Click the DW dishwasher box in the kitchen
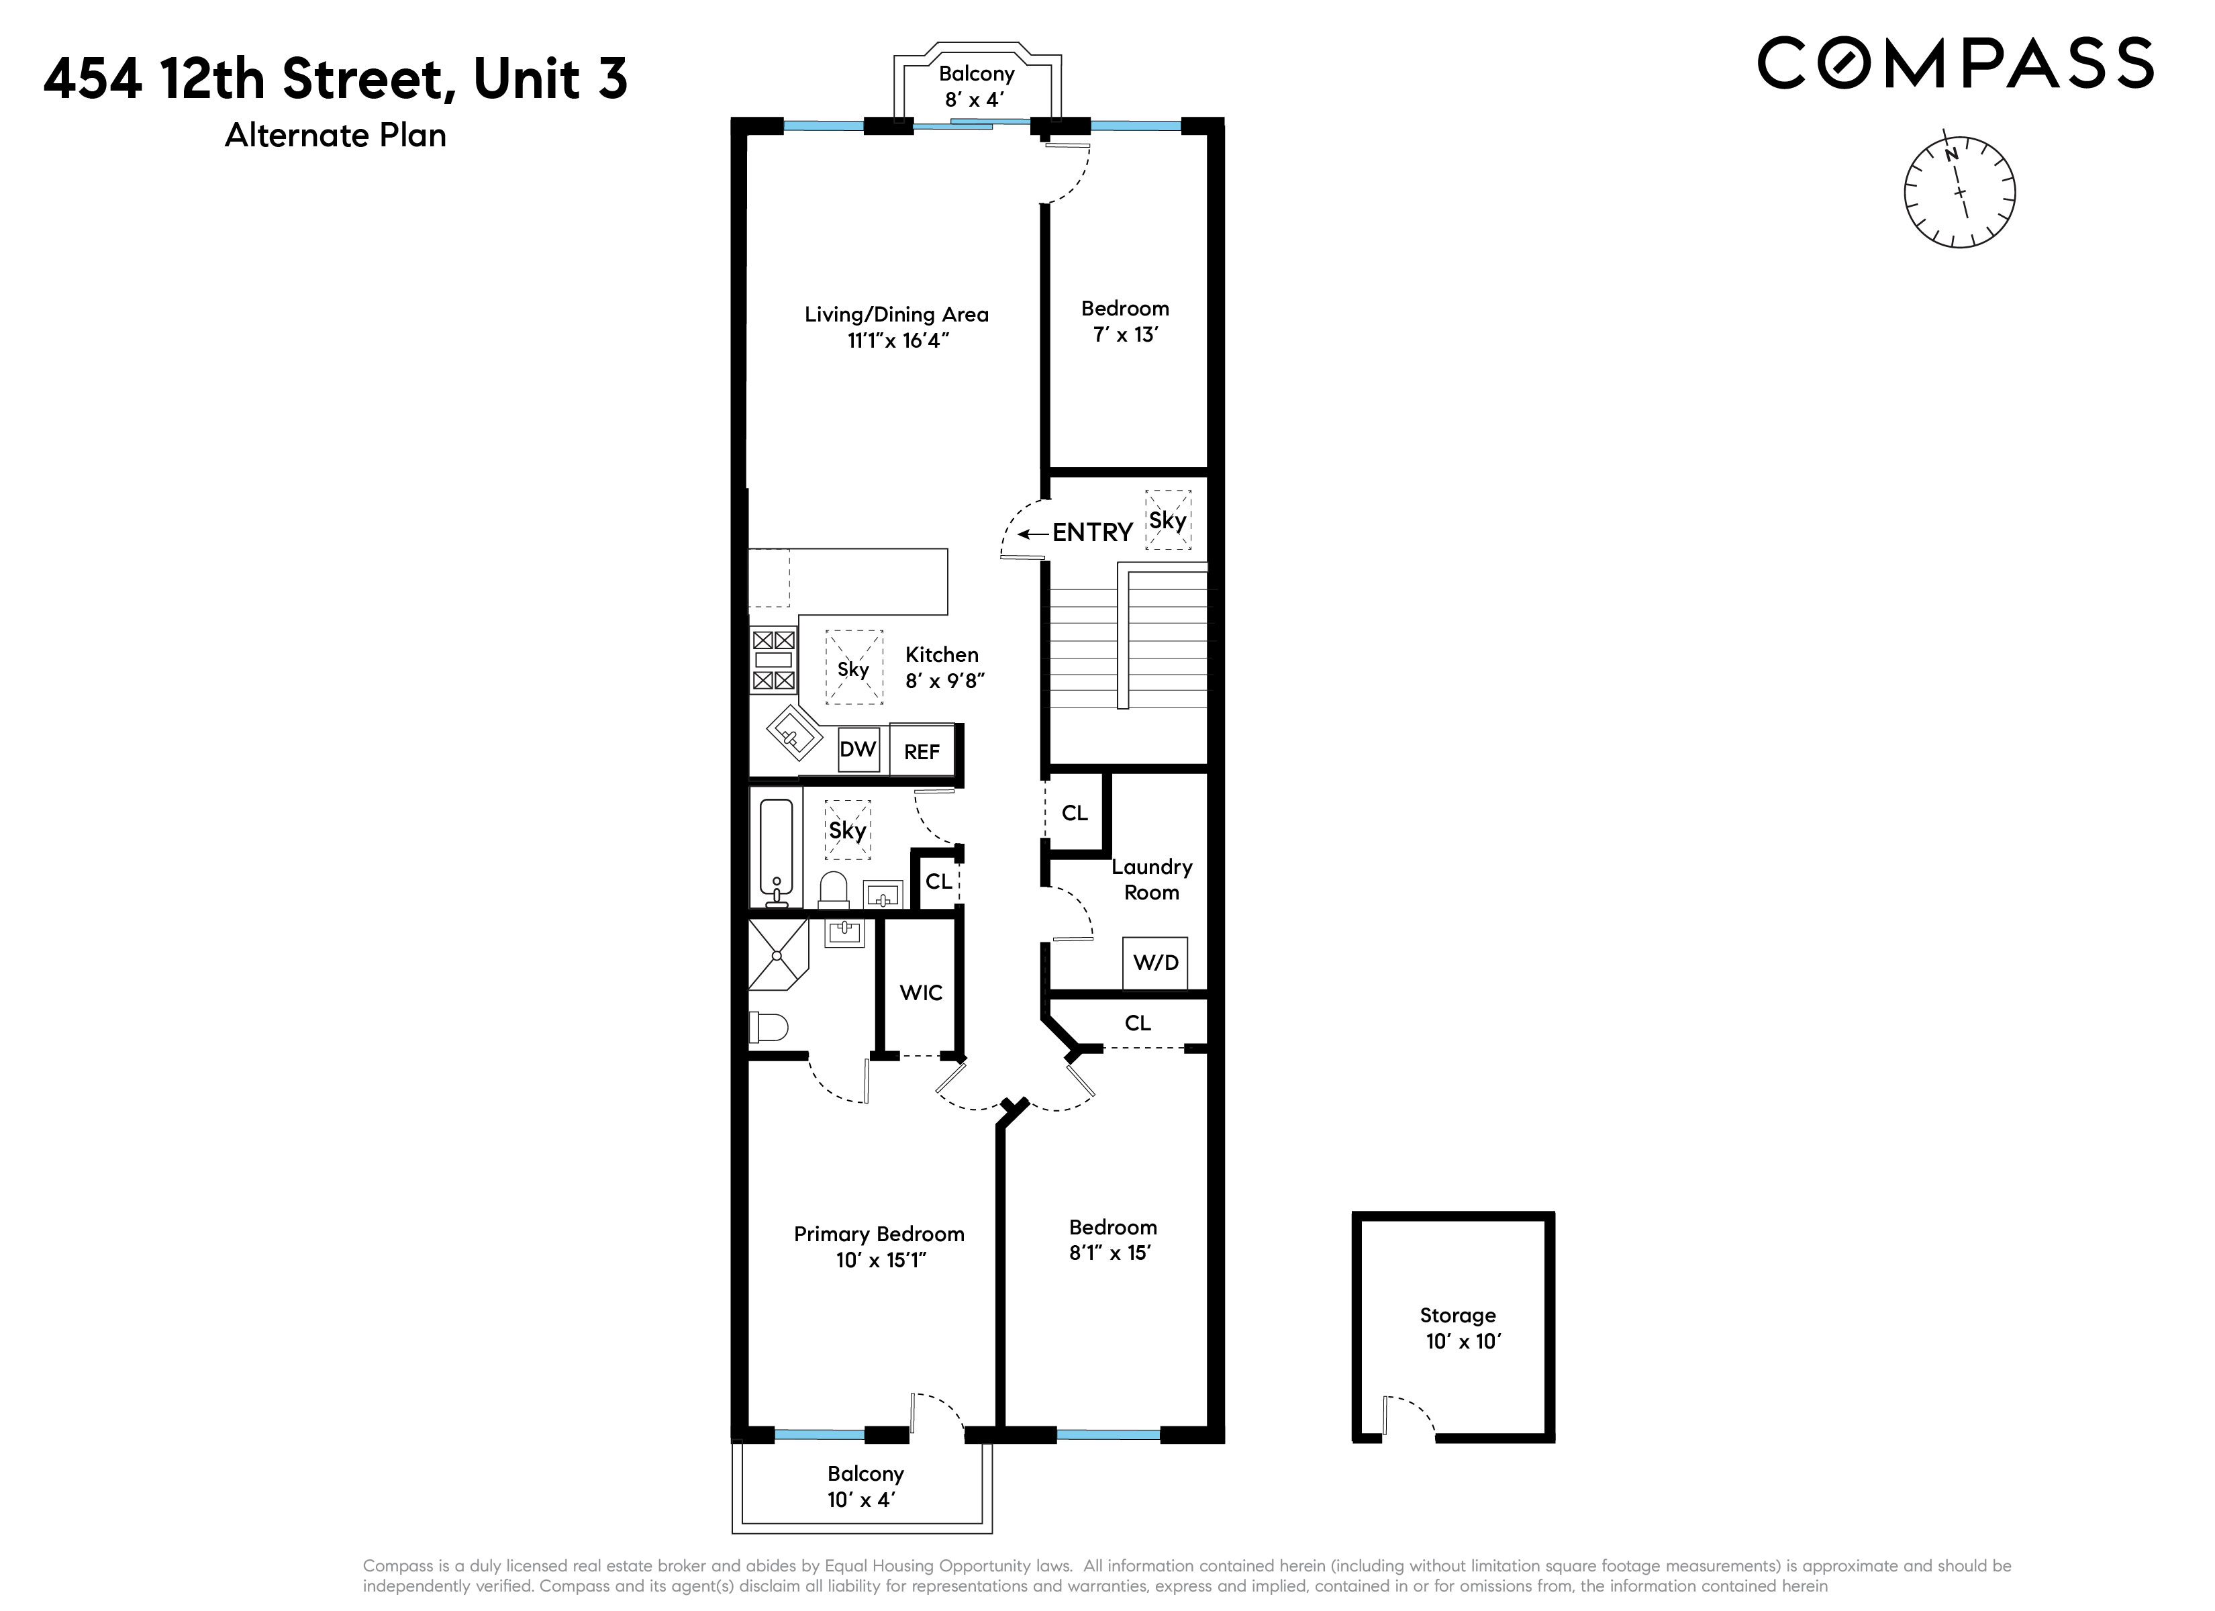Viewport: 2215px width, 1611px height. (x=858, y=750)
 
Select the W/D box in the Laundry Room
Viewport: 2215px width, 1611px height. (x=1155, y=963)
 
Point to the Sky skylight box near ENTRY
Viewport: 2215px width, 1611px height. (x=1167, y=520)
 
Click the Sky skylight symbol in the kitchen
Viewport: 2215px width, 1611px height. (x=854, y=669)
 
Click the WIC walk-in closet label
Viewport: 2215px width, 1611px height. (x=920, y=993)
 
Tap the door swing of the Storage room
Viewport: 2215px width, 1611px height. (x=1410, y=1416)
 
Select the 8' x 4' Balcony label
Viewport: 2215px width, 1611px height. (x=976, y=86)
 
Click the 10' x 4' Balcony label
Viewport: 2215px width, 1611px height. (x=865, y=1486)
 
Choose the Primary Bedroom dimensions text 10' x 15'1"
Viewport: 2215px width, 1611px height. (x=880, y=1261)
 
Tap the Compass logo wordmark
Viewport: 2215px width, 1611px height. (x=1955, y=64)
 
